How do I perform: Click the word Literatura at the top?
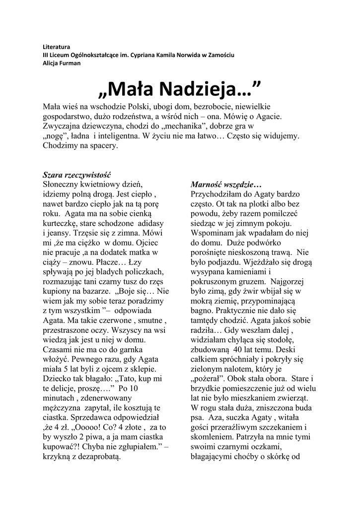(x=56, y=46)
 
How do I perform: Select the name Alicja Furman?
(x=61, y=63)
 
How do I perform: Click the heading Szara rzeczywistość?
(x=76, y=175)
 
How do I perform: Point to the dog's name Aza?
(x=216, y=418)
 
